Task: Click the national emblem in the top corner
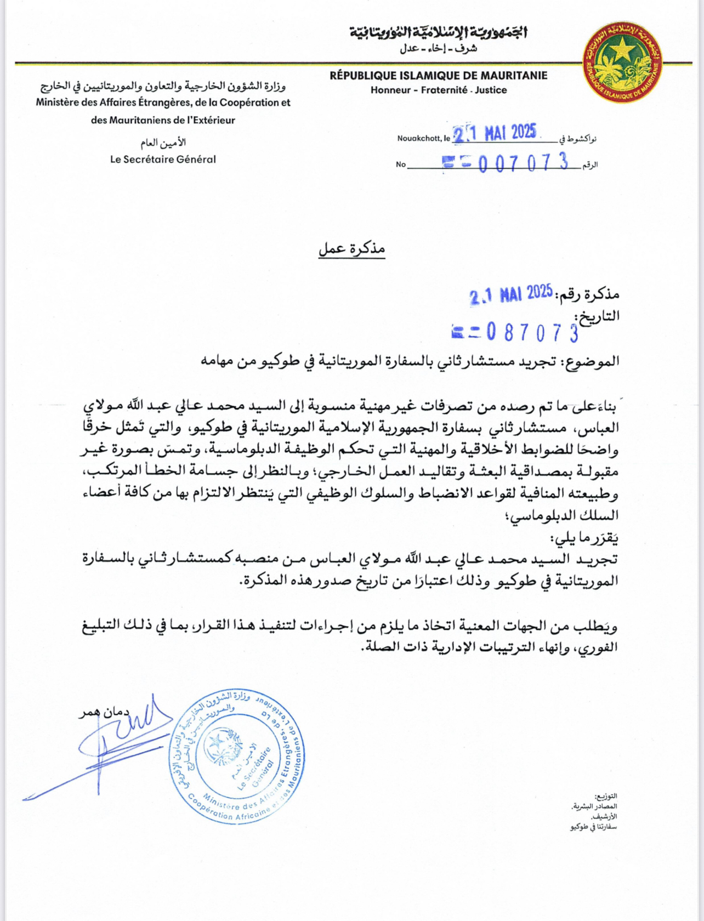pos(622,62)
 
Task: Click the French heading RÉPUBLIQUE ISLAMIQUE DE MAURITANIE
pos(438,76)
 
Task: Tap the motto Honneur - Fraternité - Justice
pos(438,90)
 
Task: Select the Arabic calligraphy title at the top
pos(439,32)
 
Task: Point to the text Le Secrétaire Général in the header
pos(163,160)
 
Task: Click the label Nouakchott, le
pos(423,138)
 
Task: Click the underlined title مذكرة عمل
pos(352,249)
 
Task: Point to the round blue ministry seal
pos(237,755)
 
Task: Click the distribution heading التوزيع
pos(606,796)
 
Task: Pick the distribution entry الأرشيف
pos(604,817)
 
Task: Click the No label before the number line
pos(401,164)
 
